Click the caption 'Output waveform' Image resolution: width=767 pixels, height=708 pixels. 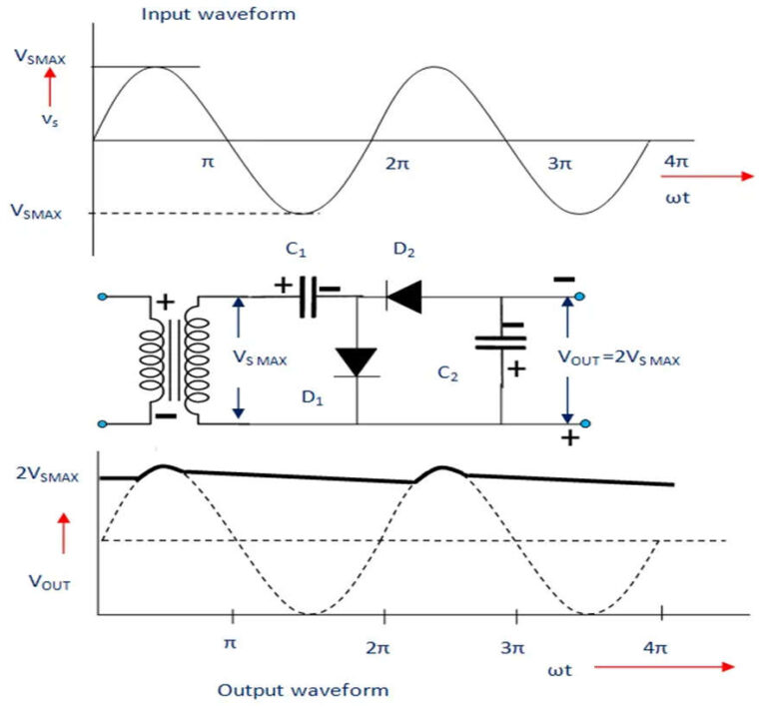[x=303, y=690]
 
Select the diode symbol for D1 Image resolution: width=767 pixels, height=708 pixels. [x=357, y=362]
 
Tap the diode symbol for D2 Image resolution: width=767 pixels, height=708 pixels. [x=404, y=295]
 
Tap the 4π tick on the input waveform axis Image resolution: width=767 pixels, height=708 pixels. [x=676, y=160]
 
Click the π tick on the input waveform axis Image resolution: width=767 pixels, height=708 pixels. [x=208, y=160]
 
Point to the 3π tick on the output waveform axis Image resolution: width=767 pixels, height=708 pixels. [x=511, y=647]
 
